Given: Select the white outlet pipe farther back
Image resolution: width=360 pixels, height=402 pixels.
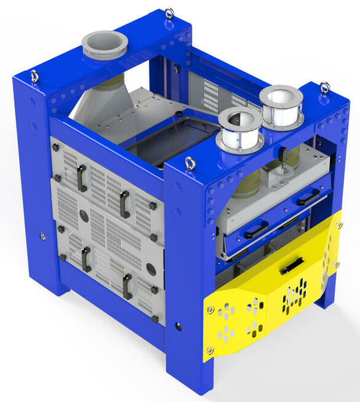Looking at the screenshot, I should [x=281, y=106].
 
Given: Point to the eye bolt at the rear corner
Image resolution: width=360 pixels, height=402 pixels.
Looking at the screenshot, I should [x=169, y=13].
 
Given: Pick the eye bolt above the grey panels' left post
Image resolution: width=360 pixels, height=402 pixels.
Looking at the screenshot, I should [x=34, y=76].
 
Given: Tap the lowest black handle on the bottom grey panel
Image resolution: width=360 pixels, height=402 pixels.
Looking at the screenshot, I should [x=127, y=286].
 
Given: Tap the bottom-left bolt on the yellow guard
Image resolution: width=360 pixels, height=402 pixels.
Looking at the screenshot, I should [x=210, y=350].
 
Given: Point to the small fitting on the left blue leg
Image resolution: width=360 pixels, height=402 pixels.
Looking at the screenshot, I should [x=42, y=236].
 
